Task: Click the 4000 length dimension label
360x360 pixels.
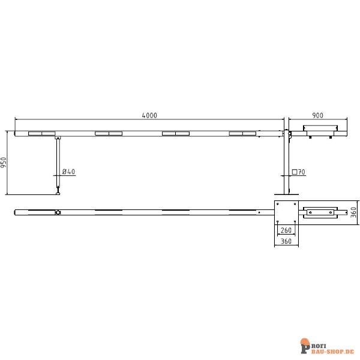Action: click(x=149, y=115)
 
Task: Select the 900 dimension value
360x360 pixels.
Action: click(x=318, y=115)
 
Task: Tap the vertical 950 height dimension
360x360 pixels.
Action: click(x=4, y=163)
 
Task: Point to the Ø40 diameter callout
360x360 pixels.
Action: click(x=68, y=172)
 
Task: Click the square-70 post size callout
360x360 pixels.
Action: click(x=299, y=172)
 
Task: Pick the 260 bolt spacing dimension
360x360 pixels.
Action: click(x=286, y=230)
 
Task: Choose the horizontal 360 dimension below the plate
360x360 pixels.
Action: click(x=286, y=242)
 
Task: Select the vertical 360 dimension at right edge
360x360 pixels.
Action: click(x=354, y=212)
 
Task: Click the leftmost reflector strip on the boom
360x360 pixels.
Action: click(x=41, y=133)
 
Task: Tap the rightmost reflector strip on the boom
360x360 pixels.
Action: click(x=242, y=133)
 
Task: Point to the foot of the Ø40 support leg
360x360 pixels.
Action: click(x=58, y=192)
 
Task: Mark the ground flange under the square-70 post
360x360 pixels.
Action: click(x=286, y=194)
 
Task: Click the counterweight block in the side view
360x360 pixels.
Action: click(x=321, y=128)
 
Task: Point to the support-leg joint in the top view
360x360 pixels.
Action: click(x=58, y=212)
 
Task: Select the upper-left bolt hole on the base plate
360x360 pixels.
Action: click(x=278, y=205)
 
